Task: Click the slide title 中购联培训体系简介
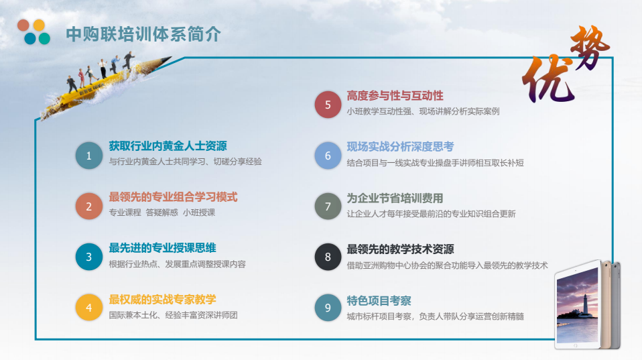(x=143, y=34)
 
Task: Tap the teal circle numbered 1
(x=89, y=156)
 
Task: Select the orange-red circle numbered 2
(x=89, y=206)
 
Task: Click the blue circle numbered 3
(x=89, y=257)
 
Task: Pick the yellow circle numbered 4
(x=89, y=307)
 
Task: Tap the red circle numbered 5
(x=328, y=105)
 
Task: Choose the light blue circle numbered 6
(x=328, y=156)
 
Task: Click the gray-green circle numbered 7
(x=328, y=206)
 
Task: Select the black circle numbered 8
(x=328, y=257)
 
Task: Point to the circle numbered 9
(x=328, y=307)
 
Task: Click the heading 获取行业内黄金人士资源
(x=168, y=145)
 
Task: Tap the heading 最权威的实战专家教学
(x=162, y=300)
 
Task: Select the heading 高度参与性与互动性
(x=395, y=96)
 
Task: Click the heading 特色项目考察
(x=379, y=300)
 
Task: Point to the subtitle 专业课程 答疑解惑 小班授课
(x=162, y=213)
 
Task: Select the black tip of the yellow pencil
(x=167, y=60)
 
